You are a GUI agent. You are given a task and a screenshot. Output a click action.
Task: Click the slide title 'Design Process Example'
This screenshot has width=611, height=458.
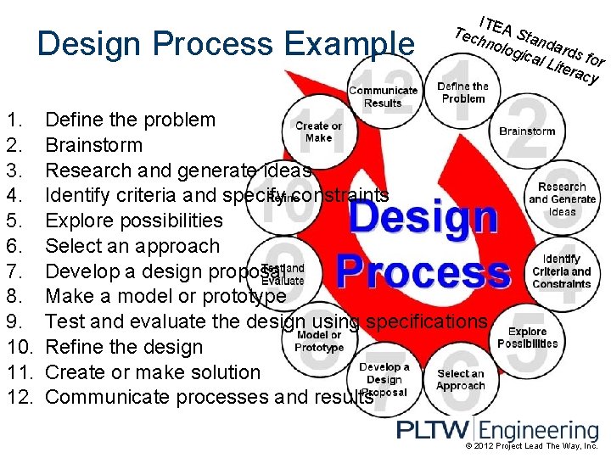click(227, 44)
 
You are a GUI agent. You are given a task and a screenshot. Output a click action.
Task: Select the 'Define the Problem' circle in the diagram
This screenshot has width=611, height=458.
click(462, 92)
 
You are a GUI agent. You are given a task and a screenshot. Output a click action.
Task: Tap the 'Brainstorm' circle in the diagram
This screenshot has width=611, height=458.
click(527, 131)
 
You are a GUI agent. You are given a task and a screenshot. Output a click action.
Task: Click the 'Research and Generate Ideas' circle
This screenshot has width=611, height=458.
click(562, 199)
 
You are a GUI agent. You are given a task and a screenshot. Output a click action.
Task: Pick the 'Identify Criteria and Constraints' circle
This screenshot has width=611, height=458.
click(561, 271)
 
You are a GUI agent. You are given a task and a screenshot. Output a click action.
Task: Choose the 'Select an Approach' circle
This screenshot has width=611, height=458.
click(461, 379)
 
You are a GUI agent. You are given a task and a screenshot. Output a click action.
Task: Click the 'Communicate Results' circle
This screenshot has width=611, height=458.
click(383, 96)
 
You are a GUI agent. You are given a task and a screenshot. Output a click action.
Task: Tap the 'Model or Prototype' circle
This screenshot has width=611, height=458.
click(319, 341)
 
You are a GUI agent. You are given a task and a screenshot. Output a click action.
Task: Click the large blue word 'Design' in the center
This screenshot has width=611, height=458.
click(423, 218)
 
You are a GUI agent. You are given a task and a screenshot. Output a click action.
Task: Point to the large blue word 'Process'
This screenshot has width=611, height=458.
click(423, 273)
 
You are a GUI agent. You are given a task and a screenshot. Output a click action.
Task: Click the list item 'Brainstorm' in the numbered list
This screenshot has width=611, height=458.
click(93, 145)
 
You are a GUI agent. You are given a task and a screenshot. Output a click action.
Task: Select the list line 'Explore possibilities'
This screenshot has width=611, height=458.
click(133, 221)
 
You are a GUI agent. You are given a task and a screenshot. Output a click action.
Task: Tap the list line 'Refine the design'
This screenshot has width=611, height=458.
click(124, 347)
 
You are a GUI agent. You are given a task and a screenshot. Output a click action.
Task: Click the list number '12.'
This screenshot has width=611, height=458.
click(21, 397)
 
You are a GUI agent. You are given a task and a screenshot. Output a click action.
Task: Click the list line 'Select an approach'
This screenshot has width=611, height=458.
click(132, 246)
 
